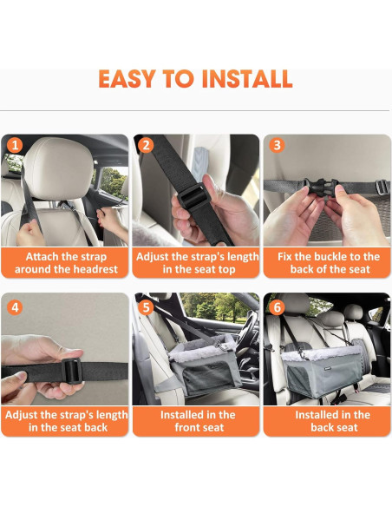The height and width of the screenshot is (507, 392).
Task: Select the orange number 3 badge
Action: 276,145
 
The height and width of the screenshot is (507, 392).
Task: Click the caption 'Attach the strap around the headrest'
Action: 65,263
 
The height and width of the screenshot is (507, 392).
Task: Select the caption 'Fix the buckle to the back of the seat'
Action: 327,263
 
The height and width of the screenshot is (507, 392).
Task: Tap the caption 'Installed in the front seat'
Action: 197,421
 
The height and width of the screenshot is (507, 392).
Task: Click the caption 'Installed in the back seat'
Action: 327,421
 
